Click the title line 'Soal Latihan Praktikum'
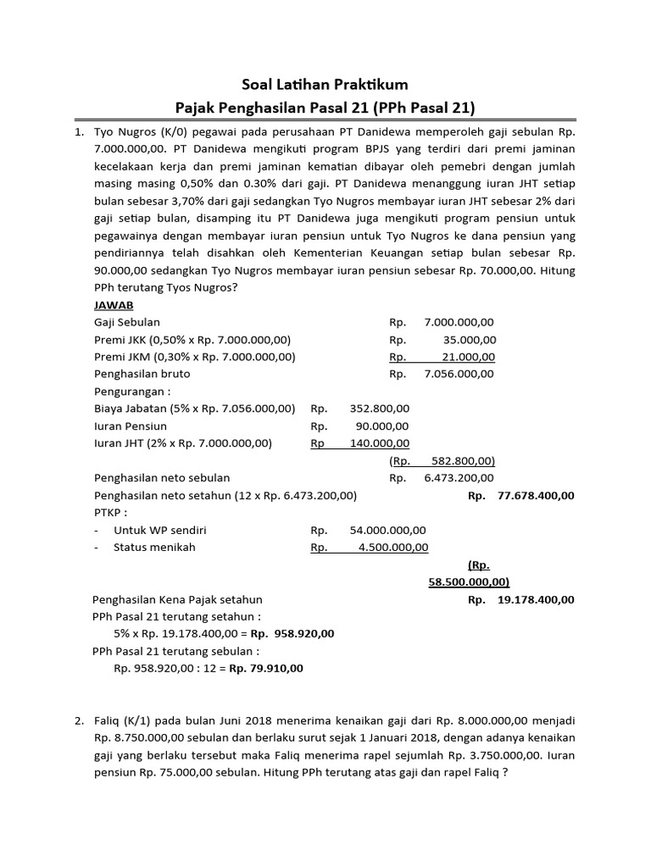point(325,85)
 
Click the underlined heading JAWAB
point(114,304)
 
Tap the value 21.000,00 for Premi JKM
point(469,357)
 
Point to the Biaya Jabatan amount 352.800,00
point(379,409)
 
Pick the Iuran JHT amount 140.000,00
point(379,443)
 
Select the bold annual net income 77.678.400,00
point(531,495)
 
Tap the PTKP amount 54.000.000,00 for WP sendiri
point(388,530)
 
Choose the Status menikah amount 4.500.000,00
point(392,548)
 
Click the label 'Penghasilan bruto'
point(142,374)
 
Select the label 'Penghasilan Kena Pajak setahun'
point(178,599)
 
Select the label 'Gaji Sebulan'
point(127,322)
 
